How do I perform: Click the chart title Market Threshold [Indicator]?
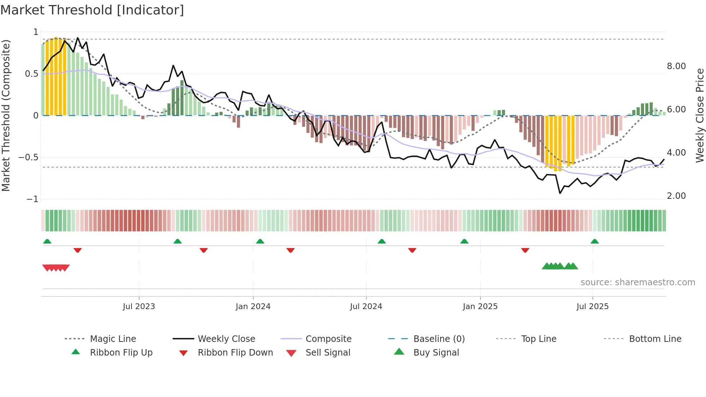(92, 10)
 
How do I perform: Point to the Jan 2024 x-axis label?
(253, 307)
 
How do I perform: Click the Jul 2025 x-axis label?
(593, 307)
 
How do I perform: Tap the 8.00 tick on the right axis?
(676, 66)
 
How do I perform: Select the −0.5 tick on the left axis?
(28, 157)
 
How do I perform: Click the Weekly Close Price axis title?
(700, 115)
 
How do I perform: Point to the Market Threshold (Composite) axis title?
(6, 115)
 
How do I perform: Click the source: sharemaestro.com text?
(638, 282)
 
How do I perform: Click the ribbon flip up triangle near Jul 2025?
(595, 241)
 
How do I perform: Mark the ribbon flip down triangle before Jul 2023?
(77, 250)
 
